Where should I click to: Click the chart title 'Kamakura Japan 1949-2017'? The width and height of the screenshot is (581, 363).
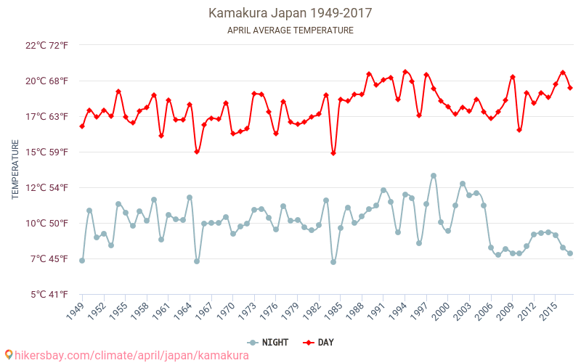click(290, 13)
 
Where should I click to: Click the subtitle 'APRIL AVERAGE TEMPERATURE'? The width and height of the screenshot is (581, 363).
click(290, 30)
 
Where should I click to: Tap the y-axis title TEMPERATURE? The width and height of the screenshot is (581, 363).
click(16, 170)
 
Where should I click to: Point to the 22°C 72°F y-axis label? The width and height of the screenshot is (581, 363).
click(47, 46)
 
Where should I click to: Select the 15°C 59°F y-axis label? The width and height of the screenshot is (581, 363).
click(47, 152)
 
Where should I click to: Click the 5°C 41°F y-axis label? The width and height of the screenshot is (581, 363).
click(47, 295)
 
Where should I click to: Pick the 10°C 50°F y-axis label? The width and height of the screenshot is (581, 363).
click(47, 224)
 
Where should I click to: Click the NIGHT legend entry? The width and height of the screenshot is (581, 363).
click(268, 343)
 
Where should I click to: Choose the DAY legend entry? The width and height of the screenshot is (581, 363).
click(318, 343)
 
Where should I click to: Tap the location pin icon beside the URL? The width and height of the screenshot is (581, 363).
click(9, 355)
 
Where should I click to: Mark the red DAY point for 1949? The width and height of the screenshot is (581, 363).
click(82, 126)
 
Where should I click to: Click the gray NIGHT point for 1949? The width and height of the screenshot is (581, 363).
click(82, 261)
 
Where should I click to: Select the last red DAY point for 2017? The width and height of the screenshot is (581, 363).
click(570, 88)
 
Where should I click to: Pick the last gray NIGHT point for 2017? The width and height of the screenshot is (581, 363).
click(570, 253)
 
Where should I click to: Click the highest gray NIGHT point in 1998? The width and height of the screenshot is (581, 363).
click(434, 176)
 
